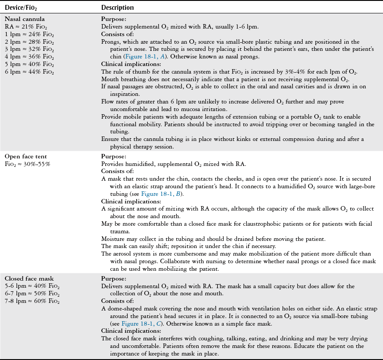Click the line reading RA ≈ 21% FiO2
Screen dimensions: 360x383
point(25,26)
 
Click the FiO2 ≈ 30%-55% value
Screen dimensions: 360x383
point(28,164)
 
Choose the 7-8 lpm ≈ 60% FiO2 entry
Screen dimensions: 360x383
point(32,301)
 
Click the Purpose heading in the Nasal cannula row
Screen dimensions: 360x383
point(114,19)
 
